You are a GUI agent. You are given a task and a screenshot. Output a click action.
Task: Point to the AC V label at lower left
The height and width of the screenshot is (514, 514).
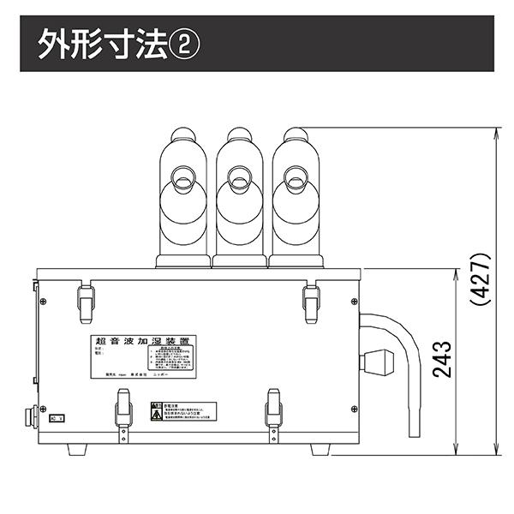pos(57,420)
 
